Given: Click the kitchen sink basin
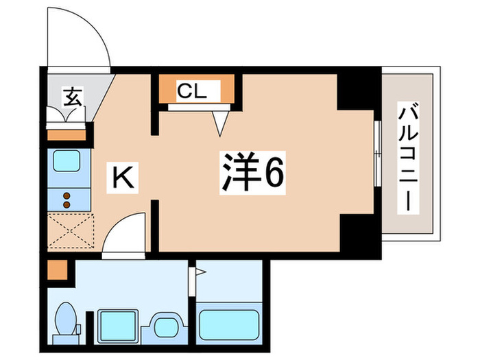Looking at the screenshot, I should [68, 162].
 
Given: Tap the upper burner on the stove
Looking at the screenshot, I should [68, 195].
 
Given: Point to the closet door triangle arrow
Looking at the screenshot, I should [219, 124].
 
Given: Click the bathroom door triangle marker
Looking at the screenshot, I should [200, 273].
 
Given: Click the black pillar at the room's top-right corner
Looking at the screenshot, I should [357, 88].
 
